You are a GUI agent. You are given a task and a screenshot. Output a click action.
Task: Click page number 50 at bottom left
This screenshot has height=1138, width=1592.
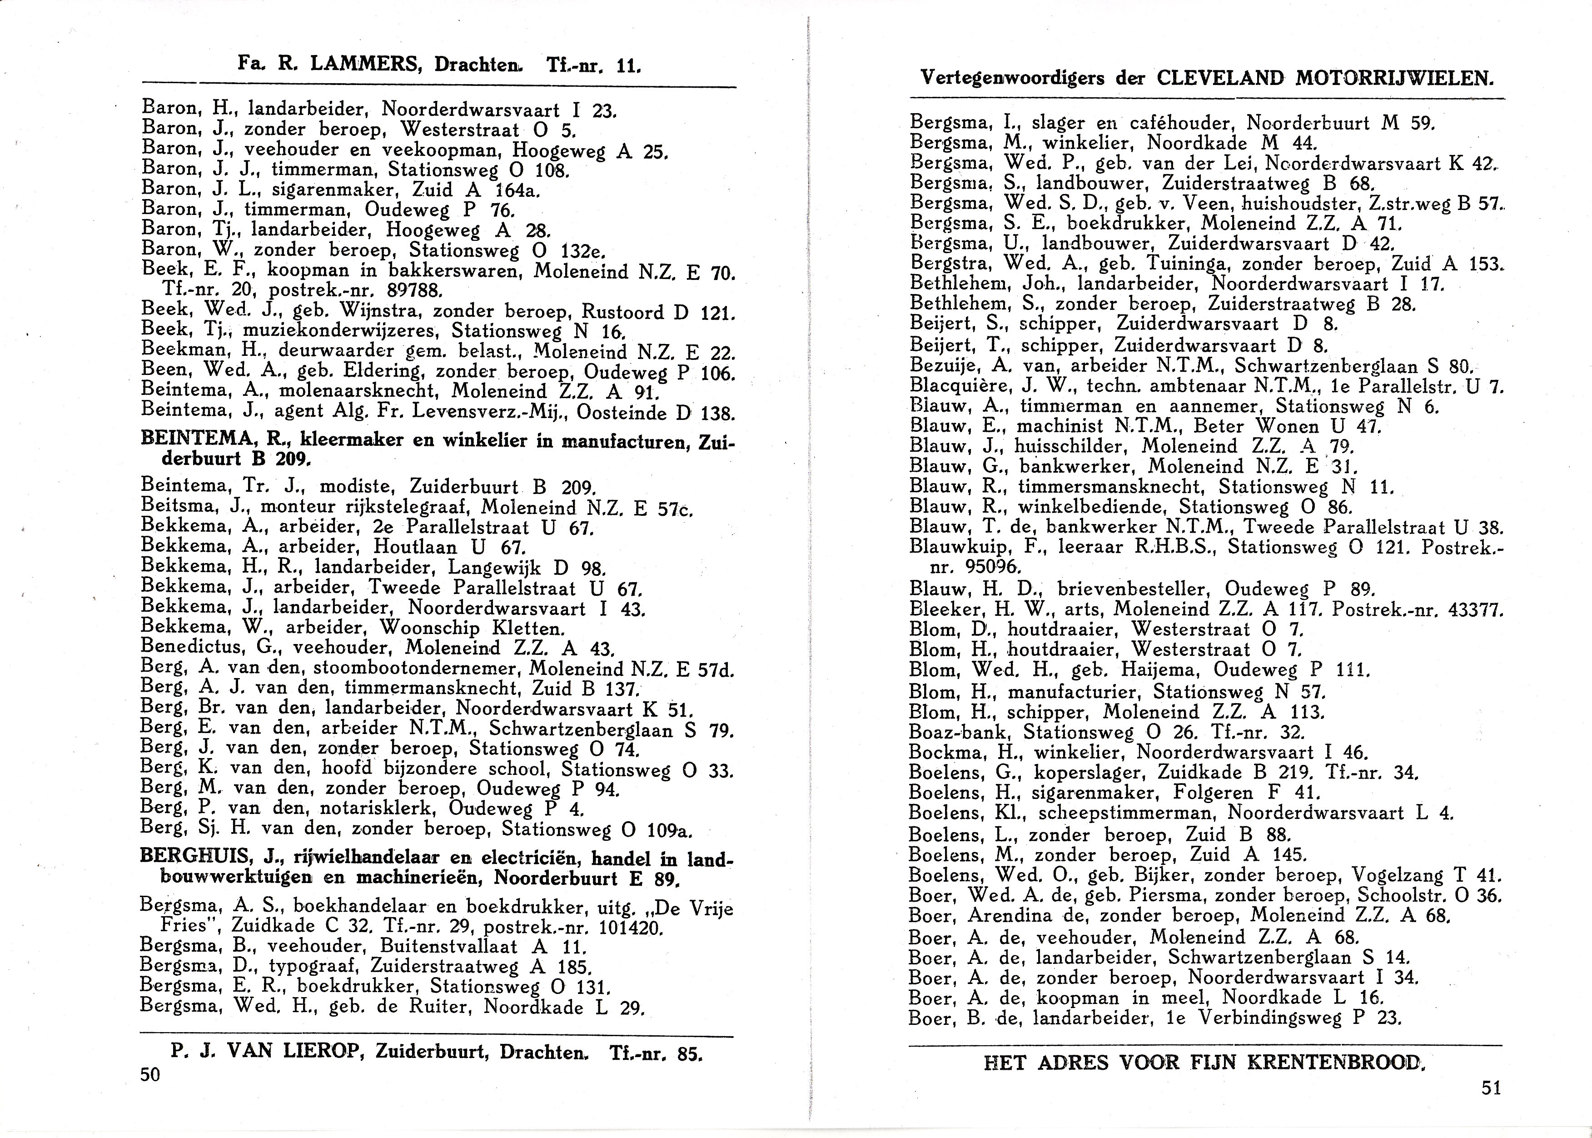(x=150, y=1074)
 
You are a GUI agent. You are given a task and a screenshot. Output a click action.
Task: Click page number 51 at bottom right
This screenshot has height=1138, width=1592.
(x=1492, y=1088)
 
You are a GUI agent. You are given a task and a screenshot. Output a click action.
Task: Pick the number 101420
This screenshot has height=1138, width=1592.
(x=630, y=929)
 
